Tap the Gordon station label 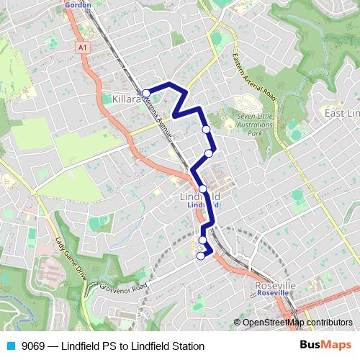pyautogui.click(x=78, y=4)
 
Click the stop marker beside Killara pyautogui.click(x=145, y=93)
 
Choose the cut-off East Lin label pyautogui.click(x=342, y=114)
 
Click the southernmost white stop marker pyautogui.click(x=200, y=256)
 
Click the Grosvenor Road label pyautogui.click(x=124, y=286)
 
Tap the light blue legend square pyautogui.click(x=10, y=346)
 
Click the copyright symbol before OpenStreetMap pyautogui.click(x=237, y=323)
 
